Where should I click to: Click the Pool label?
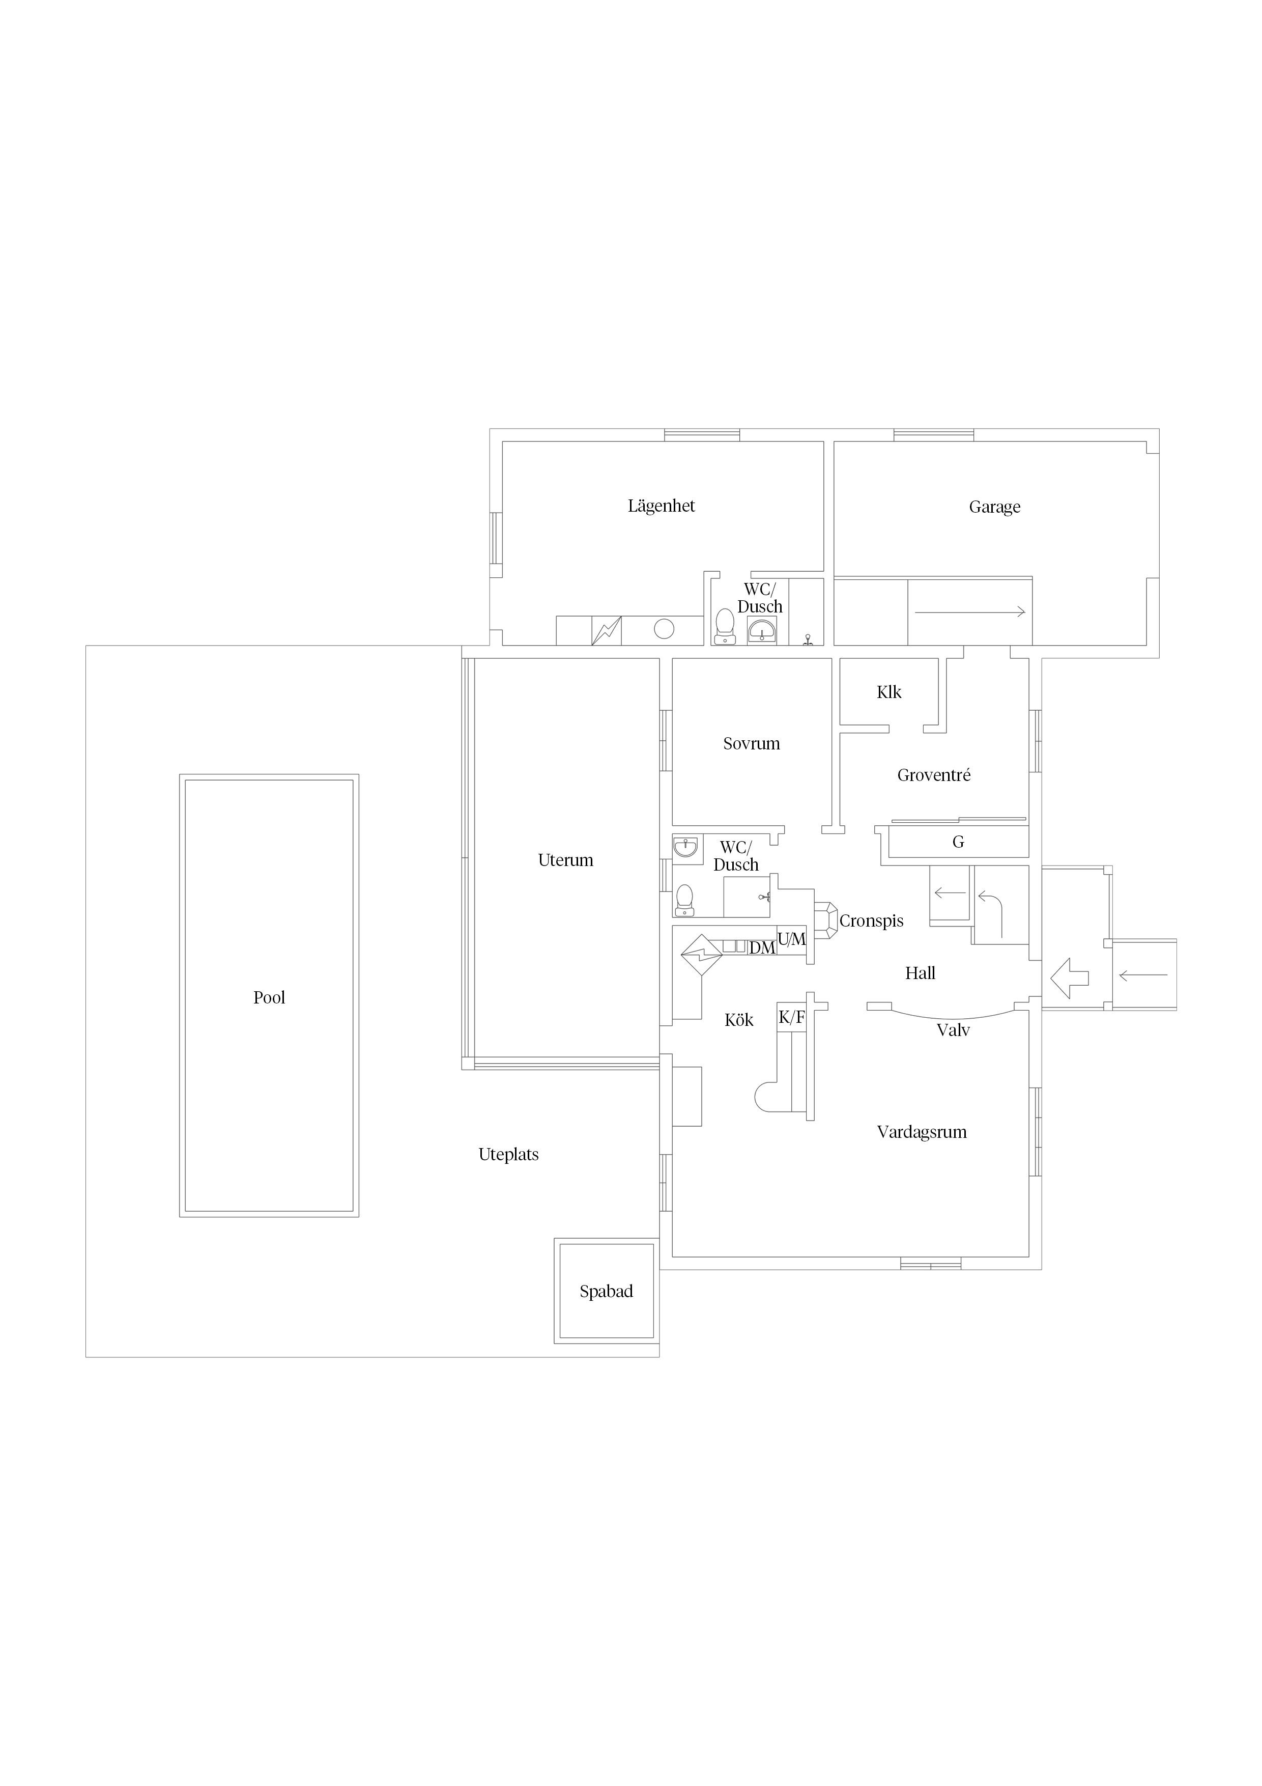(269, 997)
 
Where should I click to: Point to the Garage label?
(994, 507)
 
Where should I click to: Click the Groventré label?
(934, 775)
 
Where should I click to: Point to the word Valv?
(953, 1030)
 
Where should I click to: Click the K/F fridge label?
(792, 1017)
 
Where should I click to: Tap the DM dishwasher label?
(762, 948)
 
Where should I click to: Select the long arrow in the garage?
(969, 612)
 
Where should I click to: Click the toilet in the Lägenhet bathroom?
(725, 626)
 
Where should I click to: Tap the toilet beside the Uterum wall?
(684, 901)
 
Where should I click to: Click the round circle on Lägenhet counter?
(664, 629)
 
